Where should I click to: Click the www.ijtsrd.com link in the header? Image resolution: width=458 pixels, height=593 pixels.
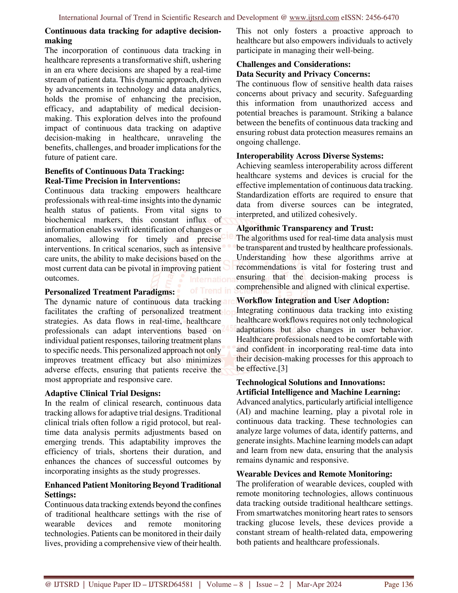(314, 18)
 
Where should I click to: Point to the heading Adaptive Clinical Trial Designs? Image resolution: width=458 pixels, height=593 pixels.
(103, 393)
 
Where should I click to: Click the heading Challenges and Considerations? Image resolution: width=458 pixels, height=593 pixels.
(293, 64)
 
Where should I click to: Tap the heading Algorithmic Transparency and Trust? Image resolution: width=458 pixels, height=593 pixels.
(305, 228)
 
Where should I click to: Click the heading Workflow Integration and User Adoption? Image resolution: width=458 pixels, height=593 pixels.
(313, 300)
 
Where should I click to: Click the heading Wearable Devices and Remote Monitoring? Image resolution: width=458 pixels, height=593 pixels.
(314, 474)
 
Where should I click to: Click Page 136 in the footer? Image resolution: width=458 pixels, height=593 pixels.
(398, 584)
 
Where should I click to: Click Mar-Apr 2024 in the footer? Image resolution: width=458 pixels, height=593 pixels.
(319, 584)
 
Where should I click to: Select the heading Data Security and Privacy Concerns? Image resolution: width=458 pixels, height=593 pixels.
(303, 74)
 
